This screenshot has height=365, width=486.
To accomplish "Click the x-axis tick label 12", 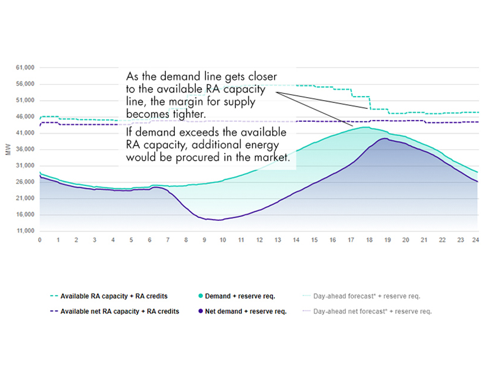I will coord(259,240).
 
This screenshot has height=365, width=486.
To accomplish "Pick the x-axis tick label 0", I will coord(39,240).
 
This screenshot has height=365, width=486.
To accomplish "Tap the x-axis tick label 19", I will coord(386,240).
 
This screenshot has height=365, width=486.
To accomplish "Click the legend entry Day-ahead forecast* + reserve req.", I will coord(367,296).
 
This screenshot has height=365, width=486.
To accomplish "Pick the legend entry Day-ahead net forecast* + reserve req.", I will coord(372,311).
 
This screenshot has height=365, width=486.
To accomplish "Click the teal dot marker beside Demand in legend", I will coord(201,296).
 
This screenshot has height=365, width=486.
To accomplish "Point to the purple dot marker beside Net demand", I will coord(201,311).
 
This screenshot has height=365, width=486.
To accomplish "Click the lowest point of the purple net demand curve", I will coord(218,220).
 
